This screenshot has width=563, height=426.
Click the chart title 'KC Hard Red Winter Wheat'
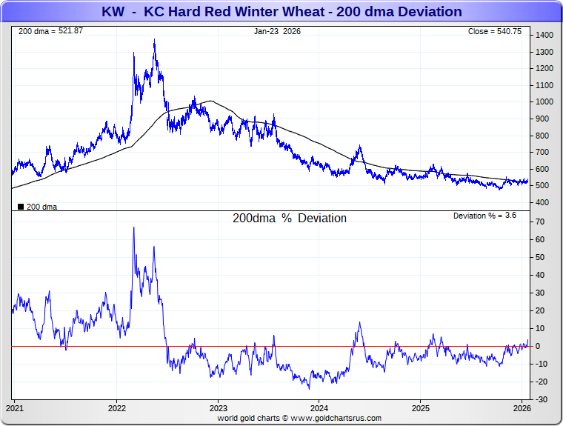281,12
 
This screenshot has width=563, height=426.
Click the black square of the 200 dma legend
20,207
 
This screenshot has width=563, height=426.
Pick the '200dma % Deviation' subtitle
290,219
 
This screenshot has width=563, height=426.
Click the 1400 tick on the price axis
545,36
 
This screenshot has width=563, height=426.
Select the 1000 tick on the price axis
545,102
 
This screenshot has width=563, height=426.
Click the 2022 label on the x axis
117,408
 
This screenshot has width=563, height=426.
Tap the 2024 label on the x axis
319,408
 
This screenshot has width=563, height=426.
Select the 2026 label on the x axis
522,408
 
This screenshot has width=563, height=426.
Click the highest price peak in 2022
154,40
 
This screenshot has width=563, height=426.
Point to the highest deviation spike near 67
133,227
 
